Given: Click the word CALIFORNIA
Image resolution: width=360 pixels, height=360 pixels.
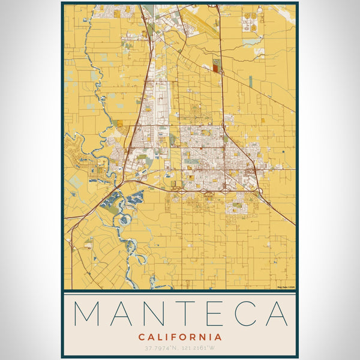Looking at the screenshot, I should tap(180, 337).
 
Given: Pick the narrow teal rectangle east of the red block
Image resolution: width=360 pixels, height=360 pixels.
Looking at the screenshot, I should tap(250, 81).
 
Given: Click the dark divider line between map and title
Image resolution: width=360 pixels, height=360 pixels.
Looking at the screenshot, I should tap(180, 291).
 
